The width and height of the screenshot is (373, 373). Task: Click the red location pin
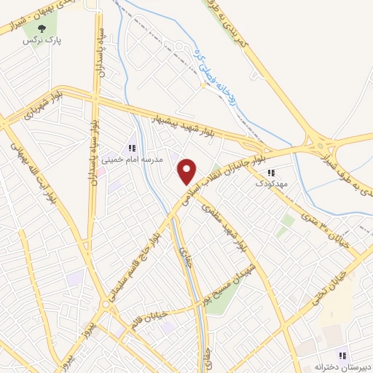click(x=187, y=170)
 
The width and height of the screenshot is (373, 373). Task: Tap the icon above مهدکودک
click(x=271, y=173)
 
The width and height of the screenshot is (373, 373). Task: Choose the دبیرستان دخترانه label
click(x=344, y=366)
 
